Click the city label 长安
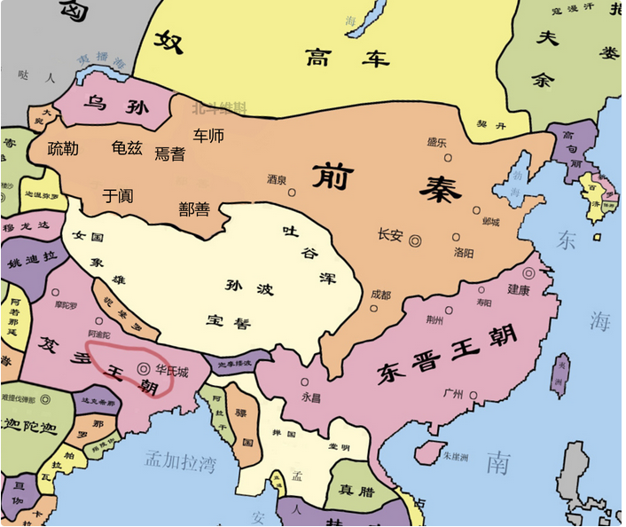[x=390, y=235]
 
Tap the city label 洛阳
[x=464, y=252]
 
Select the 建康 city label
[x=519, y=289]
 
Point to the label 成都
[x=380, y=294]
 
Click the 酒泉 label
[x=278, y=178]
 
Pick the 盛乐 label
[x=436, y=142]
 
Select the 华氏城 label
[x=171, y=370]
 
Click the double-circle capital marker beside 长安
[x=415, y=239]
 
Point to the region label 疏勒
[x=63, y=148]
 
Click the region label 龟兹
[x=127, y=148]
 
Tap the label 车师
[x=209, y=136]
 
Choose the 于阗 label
[x=118, y=195]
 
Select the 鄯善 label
[x=194, y=209]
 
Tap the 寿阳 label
[x=483, y=303]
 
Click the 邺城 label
[x=490, y=222]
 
